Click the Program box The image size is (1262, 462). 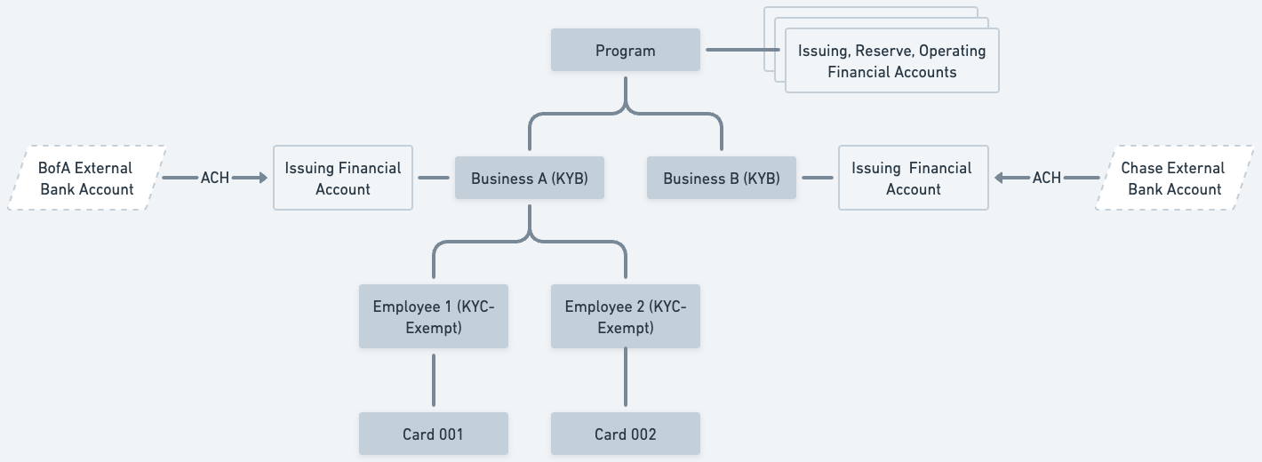click(626, 50)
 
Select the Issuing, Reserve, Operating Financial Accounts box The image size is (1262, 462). click(891, 61)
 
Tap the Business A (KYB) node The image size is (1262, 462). click(530, 179)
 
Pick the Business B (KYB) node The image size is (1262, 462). click(722, 179)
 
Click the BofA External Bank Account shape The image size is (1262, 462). click(86, 179)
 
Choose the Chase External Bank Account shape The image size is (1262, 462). click(1174, 179)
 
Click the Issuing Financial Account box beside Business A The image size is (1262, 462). click(343, 179)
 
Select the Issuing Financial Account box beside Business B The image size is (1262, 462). click(913, 179)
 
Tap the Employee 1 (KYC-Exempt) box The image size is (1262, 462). click(434, 317)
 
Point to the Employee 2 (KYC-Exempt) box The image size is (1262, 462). click(626, 317)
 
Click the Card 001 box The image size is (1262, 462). click(434, 434)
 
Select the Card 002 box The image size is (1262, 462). click(626, 434)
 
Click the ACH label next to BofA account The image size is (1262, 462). click(215, 178)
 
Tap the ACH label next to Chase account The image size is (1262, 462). click(1046, 178)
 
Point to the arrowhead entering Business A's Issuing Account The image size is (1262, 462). click(260, 178)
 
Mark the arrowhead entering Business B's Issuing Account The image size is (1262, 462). click(1000, 178)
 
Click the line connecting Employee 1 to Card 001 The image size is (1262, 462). click(434, 380)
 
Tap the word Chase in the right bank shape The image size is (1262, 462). click(1142, 168)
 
